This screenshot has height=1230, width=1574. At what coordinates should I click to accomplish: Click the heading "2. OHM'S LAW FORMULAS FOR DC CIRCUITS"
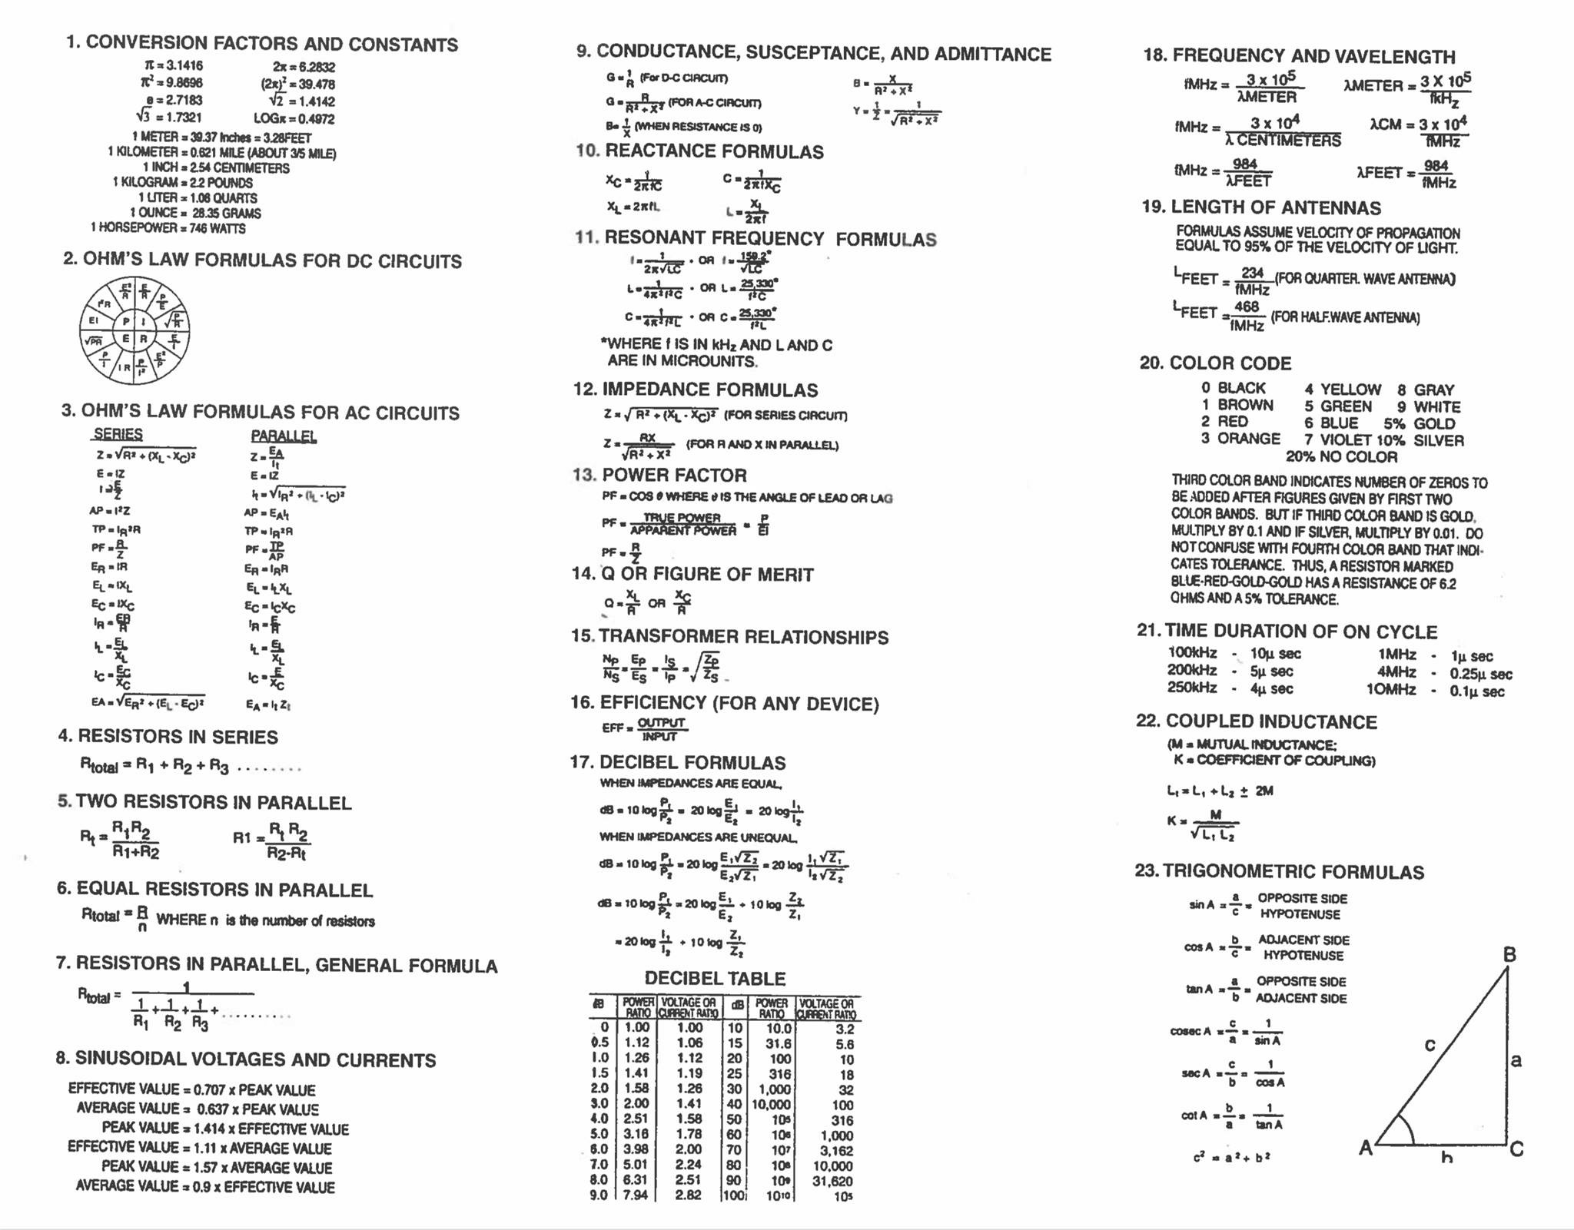(x=262, y=260)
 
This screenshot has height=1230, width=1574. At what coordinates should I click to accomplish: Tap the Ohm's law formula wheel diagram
(x=134, y=330)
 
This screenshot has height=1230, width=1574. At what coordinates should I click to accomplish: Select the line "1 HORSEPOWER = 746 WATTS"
(x=168, y=228)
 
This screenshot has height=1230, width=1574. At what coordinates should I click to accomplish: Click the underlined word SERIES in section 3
(x=118, y=434)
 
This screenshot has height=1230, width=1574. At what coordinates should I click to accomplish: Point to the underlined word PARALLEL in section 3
(x=284, y=436)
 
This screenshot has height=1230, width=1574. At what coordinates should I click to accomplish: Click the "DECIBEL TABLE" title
(x=715, y=978)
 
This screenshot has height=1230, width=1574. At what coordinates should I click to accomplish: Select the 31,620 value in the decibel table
(x=832, y=1181)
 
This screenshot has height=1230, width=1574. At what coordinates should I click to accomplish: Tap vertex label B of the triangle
(x=1509, y=955)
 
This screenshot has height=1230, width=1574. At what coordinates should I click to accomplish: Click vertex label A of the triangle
(x=1366, y=1148)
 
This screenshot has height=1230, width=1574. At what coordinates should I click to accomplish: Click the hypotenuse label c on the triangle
(x=1430, y=1045)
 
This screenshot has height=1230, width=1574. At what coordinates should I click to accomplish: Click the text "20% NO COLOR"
(x=1341, y=457)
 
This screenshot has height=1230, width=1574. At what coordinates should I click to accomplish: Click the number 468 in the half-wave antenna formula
(x=1246, y=307)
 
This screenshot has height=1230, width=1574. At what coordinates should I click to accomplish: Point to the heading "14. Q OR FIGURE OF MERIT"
(x=692, y=574)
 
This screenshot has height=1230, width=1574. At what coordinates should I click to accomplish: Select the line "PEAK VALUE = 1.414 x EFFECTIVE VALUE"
(x=225, y=1129)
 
